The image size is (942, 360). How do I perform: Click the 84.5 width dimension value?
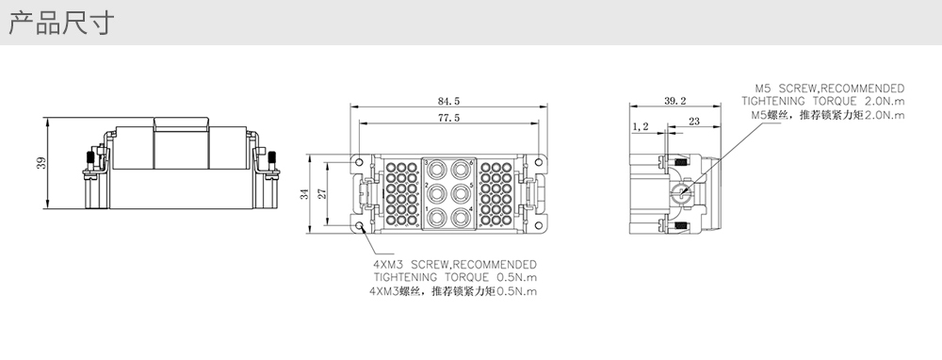pos(448,101)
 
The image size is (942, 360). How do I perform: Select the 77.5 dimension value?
pos(448,118)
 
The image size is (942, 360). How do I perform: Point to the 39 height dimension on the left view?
pos(41,163)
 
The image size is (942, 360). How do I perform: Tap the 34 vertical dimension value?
pos(304,193)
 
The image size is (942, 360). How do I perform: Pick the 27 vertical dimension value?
pos(321,193)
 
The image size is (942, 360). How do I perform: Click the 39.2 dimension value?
pos(675,101)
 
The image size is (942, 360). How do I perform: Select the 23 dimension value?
pos(694,121)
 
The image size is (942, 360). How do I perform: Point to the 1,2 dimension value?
pos(641,126)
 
